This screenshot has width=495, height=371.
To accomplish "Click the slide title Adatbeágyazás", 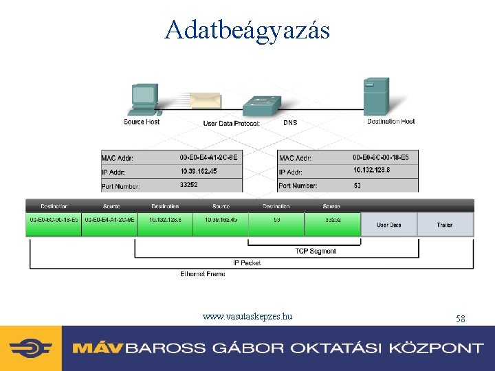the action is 247,30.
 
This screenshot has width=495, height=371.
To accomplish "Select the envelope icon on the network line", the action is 206,102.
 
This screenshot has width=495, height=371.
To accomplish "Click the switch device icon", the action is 261,106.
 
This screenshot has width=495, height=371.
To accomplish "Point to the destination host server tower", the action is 376,96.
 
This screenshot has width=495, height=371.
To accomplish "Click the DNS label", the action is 291,123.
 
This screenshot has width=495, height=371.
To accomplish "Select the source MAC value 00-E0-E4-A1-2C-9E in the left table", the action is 208,157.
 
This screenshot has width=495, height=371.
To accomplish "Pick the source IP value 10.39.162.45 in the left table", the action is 199,171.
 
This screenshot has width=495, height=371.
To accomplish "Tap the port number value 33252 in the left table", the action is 189,185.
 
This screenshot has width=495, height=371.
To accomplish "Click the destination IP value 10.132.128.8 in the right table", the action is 373,170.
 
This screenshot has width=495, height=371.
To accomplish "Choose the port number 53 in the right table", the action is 357,185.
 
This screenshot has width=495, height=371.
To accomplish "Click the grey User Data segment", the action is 388,225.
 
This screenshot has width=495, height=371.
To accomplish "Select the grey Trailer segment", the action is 445,225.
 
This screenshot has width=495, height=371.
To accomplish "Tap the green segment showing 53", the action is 276,220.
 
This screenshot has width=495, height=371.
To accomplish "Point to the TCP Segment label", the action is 316,251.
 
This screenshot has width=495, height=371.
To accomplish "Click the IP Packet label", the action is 247,262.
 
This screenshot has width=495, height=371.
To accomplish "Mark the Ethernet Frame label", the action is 203,274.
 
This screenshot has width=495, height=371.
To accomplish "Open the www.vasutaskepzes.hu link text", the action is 247,317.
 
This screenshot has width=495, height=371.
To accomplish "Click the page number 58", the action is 460,319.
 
